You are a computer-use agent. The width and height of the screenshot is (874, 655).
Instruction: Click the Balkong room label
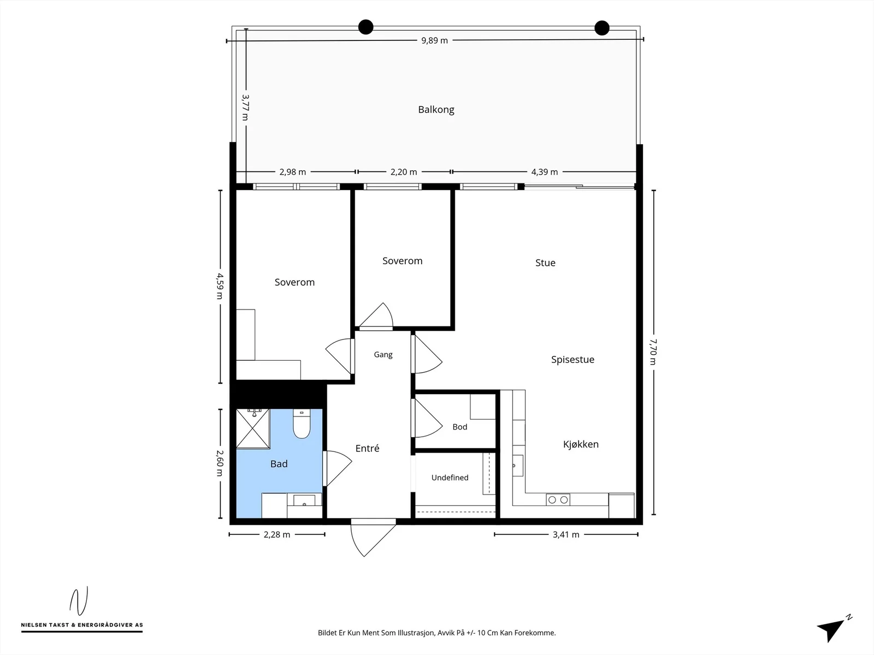point(436,110)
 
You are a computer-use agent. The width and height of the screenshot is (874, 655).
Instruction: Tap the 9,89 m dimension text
point(434,40)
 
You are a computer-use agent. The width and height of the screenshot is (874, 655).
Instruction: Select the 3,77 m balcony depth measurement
point(245,108)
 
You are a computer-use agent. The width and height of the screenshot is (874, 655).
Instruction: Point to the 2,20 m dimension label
point(403,172)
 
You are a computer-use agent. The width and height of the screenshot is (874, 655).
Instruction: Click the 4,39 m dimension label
point(544,172)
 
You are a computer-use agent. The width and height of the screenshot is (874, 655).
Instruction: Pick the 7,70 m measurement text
point(653,352)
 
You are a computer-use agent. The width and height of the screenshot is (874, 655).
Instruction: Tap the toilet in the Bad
point(302,424)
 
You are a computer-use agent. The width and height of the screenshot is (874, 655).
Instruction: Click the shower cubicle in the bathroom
point(253,428)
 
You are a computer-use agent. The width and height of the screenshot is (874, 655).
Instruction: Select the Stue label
point(545,263)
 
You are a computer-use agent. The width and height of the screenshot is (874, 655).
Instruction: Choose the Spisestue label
point(572,360)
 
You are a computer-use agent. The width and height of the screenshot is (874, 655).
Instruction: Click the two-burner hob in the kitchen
point(558,499)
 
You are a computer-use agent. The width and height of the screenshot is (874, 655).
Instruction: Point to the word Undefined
point(450,478)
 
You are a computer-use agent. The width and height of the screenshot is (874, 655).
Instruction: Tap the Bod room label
point(459,427)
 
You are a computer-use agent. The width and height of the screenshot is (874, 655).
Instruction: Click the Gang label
point(383,355)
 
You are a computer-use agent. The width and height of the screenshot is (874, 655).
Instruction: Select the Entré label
point(367,448)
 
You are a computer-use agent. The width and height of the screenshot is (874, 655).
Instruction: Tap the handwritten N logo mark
point(79,601)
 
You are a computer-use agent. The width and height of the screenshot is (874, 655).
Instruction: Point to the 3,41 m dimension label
point(566,535)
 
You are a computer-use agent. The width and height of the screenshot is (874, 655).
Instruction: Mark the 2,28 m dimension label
point(277,535)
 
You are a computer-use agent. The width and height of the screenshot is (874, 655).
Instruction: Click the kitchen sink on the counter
point(518,465)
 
